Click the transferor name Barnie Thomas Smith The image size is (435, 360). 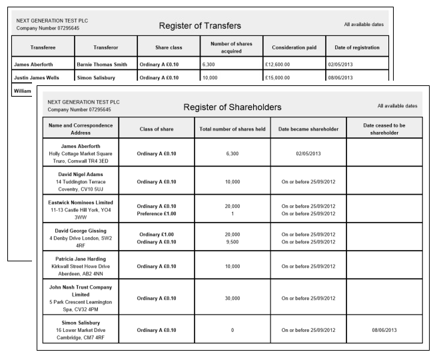point(101,65)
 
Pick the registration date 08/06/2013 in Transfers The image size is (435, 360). point(344,78)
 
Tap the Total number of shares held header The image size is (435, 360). point(232,129)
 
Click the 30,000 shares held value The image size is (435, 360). point(232,302)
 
